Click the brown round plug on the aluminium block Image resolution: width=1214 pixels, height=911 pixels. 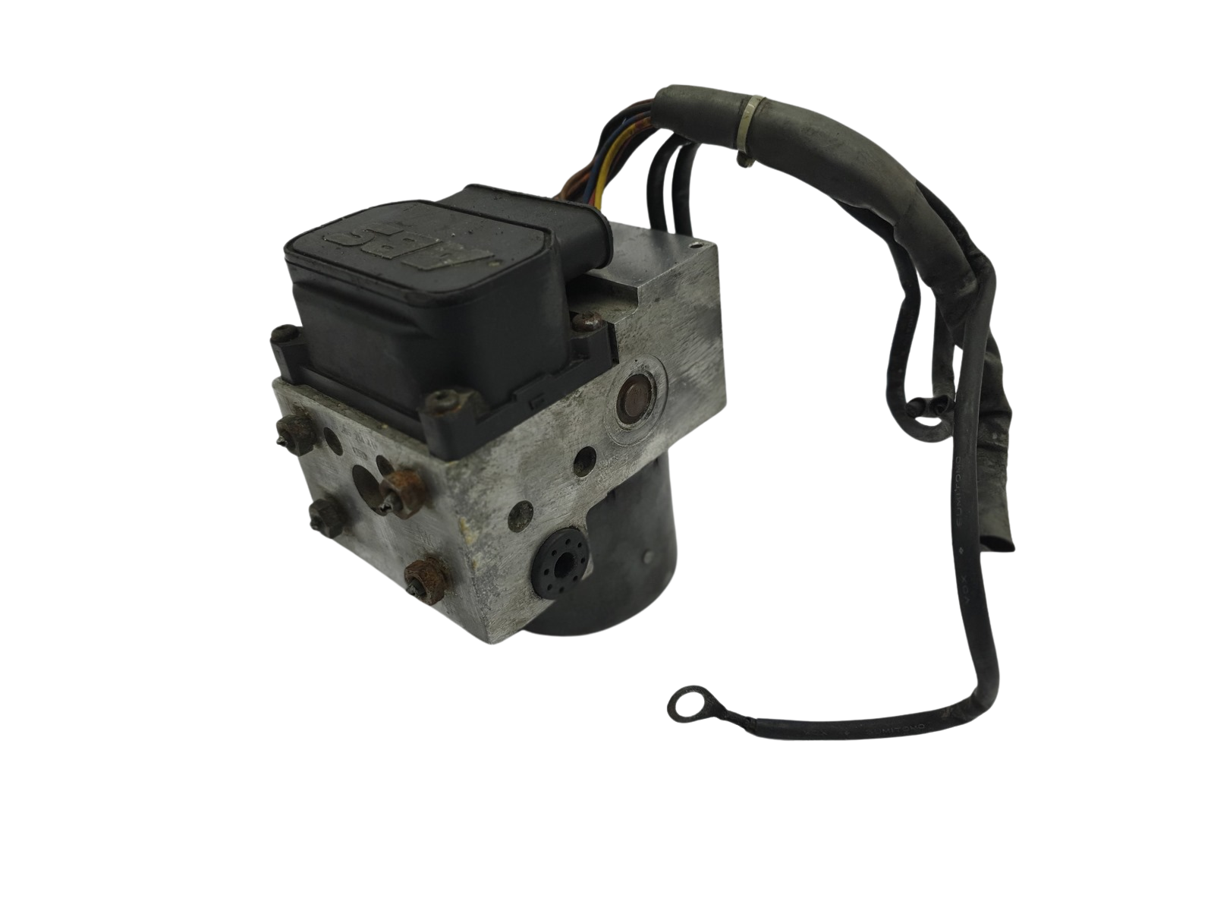[x=631, y=396]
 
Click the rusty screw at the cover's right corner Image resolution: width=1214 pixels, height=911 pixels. [x=583, y=323]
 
